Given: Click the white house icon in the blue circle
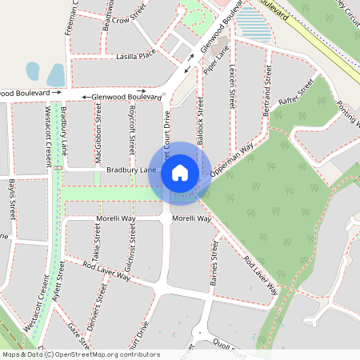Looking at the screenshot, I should (x=180, y=172).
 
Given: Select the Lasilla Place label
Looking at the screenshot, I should (x=136, y=57).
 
